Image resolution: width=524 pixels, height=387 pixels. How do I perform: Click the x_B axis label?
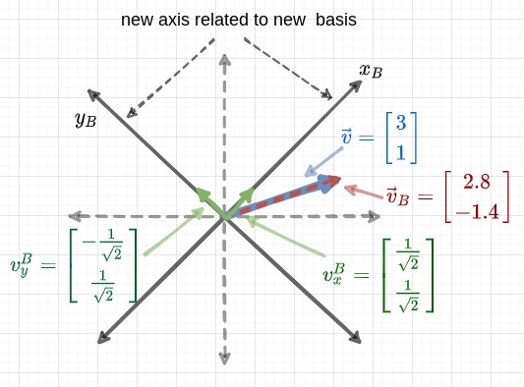click(x=371, y=71)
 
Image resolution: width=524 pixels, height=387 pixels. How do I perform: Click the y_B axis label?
click(x=86, y=120)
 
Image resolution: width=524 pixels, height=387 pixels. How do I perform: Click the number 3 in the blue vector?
click(x=401, y=123)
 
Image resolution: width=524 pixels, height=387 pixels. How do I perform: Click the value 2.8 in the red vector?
click(x=477, y=182)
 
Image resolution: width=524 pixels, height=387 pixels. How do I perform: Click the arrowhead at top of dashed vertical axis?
click(x=225, y=60)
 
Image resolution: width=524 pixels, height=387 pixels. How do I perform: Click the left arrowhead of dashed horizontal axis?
click(x=73, y=216)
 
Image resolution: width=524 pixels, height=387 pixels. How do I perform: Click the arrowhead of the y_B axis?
click(x=93, y=94)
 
